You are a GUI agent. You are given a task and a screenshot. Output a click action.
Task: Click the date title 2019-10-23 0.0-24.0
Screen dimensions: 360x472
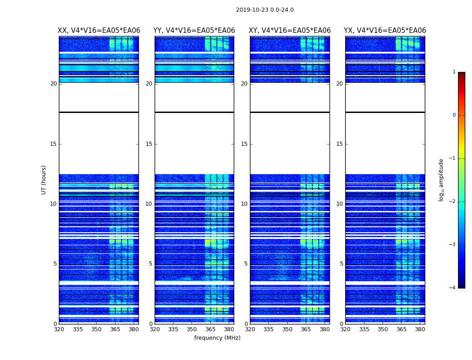[x=265, y=10]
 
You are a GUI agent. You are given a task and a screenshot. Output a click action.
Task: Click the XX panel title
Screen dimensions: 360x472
[x=99, y=31]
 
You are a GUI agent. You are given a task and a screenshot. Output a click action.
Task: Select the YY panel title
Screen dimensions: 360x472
[x=194, y=31]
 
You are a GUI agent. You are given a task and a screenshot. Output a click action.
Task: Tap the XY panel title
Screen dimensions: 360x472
[x=290, y=31]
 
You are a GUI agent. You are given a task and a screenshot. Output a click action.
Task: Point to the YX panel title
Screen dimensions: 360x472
[x=385, y=31]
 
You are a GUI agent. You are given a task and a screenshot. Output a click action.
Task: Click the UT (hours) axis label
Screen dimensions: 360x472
[x=44, y=180]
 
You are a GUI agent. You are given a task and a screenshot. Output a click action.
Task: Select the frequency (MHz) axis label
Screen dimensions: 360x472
[x=217, y=338]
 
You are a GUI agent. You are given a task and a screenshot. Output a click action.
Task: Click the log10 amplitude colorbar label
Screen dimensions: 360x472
[x=441, y=180]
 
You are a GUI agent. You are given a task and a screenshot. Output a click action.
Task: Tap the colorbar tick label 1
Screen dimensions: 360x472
[x=454, y=72]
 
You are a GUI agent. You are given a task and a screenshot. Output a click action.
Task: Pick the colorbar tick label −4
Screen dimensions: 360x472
[x=453, y=288]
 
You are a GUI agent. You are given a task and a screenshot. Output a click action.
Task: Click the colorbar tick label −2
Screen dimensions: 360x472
[x=453, y=202]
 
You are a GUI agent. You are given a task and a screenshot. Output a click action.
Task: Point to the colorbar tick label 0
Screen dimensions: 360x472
[x=454, y=115]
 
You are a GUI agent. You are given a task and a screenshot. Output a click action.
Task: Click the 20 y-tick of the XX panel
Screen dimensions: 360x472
[x=53, y=84]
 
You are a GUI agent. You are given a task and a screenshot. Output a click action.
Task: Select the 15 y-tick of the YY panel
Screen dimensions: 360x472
[x=149, y=144]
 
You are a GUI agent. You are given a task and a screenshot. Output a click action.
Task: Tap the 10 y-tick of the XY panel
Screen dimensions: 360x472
[x=244, y=204]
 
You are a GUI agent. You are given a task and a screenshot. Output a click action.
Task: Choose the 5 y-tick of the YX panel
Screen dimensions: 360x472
[x=341, y=264]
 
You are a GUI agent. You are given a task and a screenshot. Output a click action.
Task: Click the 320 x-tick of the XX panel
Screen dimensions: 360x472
[x=59, y=329]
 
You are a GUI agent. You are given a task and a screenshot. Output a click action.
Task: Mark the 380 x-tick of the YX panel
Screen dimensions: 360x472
[x=420, y=329]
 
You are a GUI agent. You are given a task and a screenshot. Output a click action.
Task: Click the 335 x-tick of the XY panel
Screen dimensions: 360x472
[x=268, y=329]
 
